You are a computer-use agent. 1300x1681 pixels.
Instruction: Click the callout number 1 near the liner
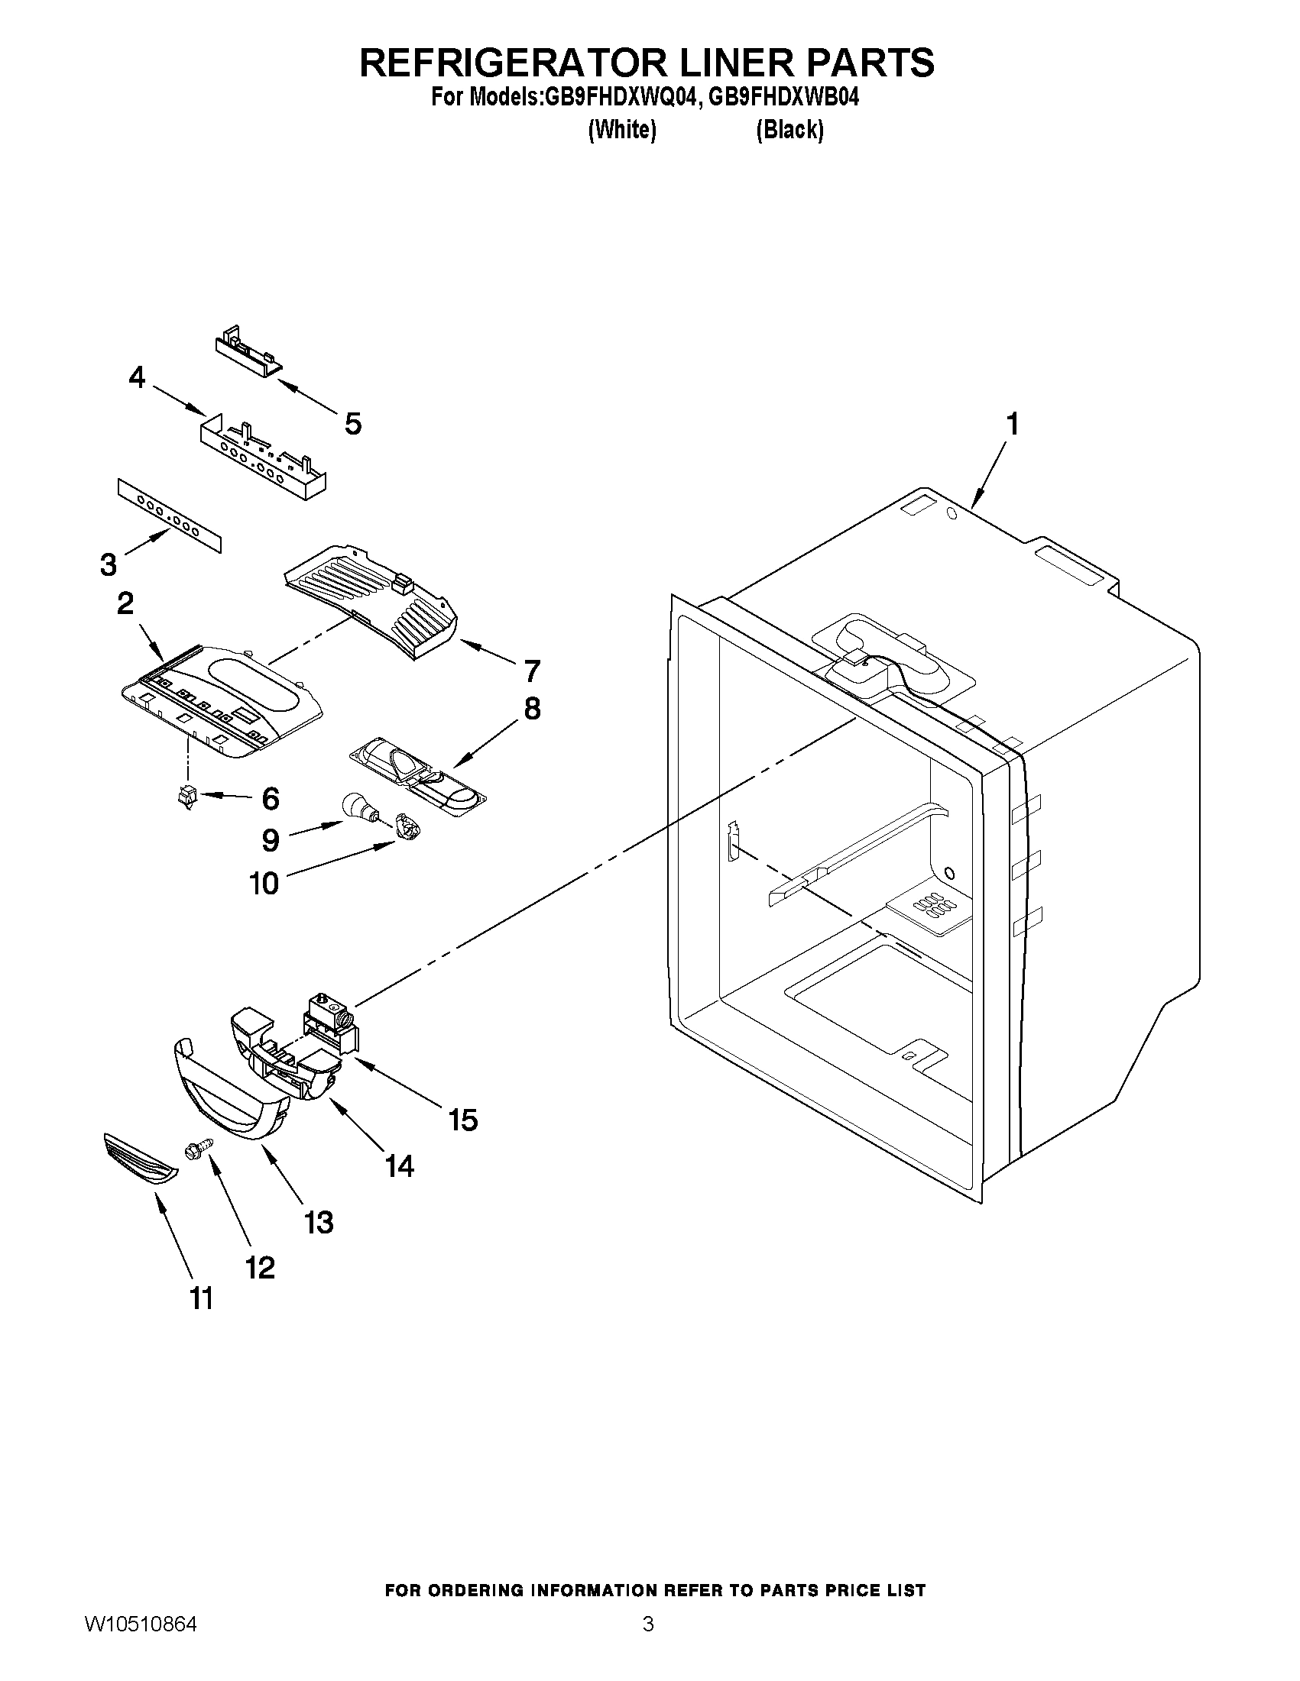tap(1013, 424)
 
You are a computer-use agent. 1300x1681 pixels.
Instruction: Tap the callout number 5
tap(353, 423)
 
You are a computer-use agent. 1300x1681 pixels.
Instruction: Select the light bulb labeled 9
tap(358, 807)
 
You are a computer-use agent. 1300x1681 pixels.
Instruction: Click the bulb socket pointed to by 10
tap(407, 827)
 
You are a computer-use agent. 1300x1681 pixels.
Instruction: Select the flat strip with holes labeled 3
tap(169, 514)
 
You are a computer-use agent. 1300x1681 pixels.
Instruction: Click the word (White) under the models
tap(621, 130)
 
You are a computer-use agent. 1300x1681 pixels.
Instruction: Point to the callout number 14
tap(400, 1166)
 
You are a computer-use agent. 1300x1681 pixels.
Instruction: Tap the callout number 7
tap(531, 671)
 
